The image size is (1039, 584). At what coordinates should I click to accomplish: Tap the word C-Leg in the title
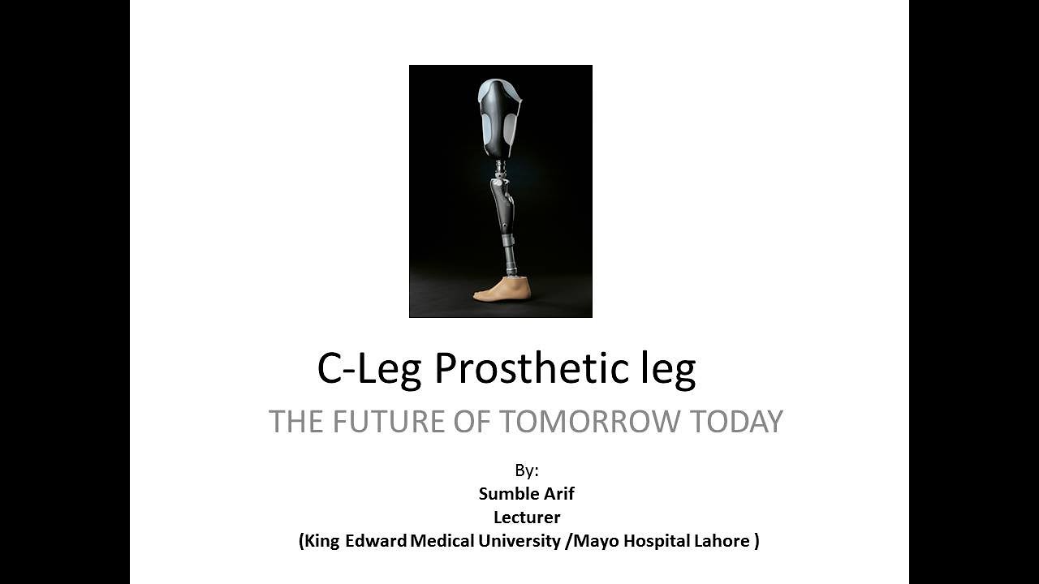369,370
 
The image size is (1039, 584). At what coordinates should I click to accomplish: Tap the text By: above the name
527,470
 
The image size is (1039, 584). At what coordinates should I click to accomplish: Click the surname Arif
558,493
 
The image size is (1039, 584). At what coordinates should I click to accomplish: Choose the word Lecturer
527,517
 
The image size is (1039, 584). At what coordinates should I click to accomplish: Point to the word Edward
376,541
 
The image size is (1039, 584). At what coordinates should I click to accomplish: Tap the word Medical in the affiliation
441,541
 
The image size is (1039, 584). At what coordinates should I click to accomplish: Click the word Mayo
594,541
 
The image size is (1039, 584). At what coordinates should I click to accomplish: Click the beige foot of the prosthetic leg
502,289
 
